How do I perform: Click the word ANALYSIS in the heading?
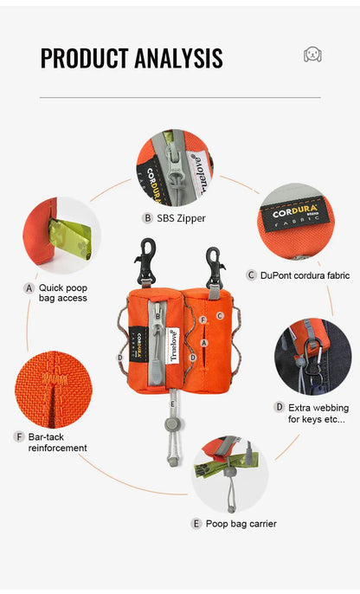(x=178, y=58)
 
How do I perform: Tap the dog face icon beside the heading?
(x=312, y=55)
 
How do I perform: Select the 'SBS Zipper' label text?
(x=182, y=218)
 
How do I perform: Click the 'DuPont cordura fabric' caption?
(x=305, y=275)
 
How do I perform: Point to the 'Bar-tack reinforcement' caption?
(x=57, y=442)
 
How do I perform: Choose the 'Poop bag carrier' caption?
(x=241, y=524)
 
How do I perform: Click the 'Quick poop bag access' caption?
(x=63, y=293)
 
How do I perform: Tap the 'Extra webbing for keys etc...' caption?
(x=318, y=413)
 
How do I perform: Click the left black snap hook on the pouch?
(x=145, y=261)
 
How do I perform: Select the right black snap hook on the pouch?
(x=215, y=268)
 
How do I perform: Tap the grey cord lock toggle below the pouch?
(x=172, y=424)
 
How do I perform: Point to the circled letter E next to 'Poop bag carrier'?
(x=196, y=524)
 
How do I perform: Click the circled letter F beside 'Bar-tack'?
(x=18, y=436)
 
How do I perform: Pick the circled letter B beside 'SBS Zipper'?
(x=147, y=218)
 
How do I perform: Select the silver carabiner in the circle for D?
(x=313, y=360)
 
